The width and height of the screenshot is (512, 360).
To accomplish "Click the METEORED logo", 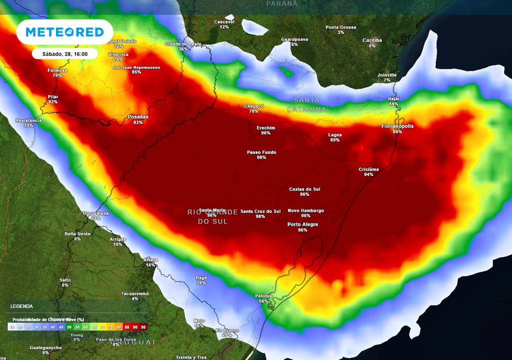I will click(x=64, y=32).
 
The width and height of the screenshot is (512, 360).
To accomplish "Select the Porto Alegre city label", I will click(x=302, y=224).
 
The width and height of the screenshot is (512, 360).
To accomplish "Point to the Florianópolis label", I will click(x=397, y=126).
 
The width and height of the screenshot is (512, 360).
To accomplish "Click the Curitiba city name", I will click(x=372, y=40).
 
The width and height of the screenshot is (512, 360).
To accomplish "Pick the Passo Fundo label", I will click(x=261, y=152).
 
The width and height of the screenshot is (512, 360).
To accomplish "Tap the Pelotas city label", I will click(x=263, y=296).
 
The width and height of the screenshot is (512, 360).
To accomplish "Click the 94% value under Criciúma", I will click(x=368, y=175).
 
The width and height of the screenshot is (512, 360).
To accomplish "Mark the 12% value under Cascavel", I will click(x=224, y=27).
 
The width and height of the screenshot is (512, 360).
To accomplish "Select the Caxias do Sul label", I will click(x=304, y=189).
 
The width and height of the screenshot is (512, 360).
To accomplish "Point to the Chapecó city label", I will click(x=253, y=106).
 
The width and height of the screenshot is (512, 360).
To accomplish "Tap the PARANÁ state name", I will click(x=281, y=3).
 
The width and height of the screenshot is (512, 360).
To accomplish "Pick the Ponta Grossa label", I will click(x=340, y=27).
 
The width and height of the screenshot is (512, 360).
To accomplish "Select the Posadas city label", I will click(x=138, y=117).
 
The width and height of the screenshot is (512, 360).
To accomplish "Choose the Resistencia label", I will click(x=28, y=120).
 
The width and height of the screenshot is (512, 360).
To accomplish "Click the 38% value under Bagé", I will click(x=201, y=283).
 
